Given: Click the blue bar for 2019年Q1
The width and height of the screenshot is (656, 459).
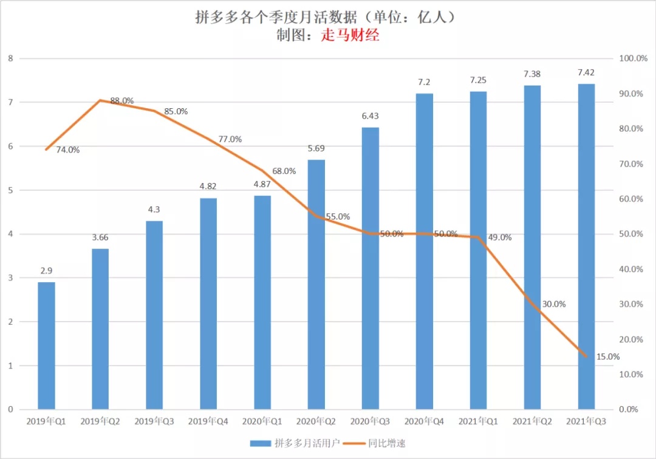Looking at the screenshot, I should [x=46, y=345].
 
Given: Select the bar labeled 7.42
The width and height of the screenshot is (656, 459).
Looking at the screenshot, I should [x=586, y=246].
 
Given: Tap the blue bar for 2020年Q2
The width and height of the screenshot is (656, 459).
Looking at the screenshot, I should [x=316, y=285].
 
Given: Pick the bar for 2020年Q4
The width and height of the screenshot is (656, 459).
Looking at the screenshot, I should [x=424, y=251].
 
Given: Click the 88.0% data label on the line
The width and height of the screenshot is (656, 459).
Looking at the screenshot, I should [x=121, y=101].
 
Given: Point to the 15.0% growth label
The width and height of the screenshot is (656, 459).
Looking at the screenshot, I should [x=607, y=357].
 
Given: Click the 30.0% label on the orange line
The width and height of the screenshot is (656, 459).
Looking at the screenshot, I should [x=553, y=304].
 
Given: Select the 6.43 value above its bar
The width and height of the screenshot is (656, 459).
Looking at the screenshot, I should [x=370, y=116].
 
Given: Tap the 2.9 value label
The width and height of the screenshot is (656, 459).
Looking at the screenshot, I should [x=46, y=271].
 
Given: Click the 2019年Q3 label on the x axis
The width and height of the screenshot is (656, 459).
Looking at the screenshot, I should [x=154, y=421].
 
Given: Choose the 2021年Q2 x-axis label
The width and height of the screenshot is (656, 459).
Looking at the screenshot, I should [x=532, y=421].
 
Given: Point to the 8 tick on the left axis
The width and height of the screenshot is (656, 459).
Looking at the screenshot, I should [x=10, y=58].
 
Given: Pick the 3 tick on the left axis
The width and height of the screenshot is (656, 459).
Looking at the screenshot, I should [x=10, y=278].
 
